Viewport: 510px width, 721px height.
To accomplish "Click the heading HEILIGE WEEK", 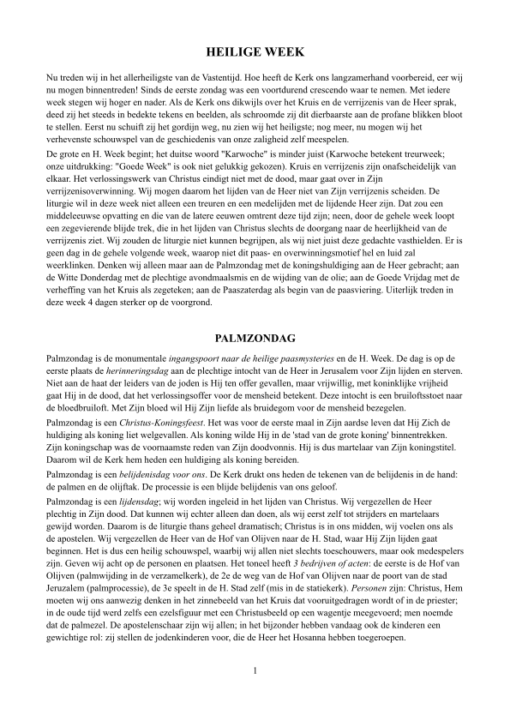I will coord(255,52).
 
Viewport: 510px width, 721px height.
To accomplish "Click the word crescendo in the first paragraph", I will coord(333,88).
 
